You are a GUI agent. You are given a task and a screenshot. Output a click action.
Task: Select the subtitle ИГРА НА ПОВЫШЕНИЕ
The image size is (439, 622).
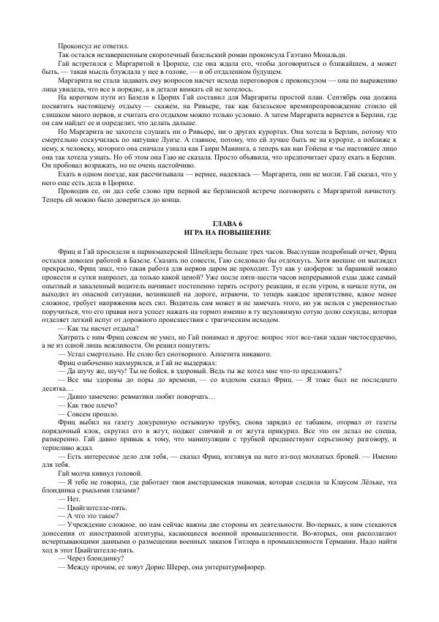point(219,232)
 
